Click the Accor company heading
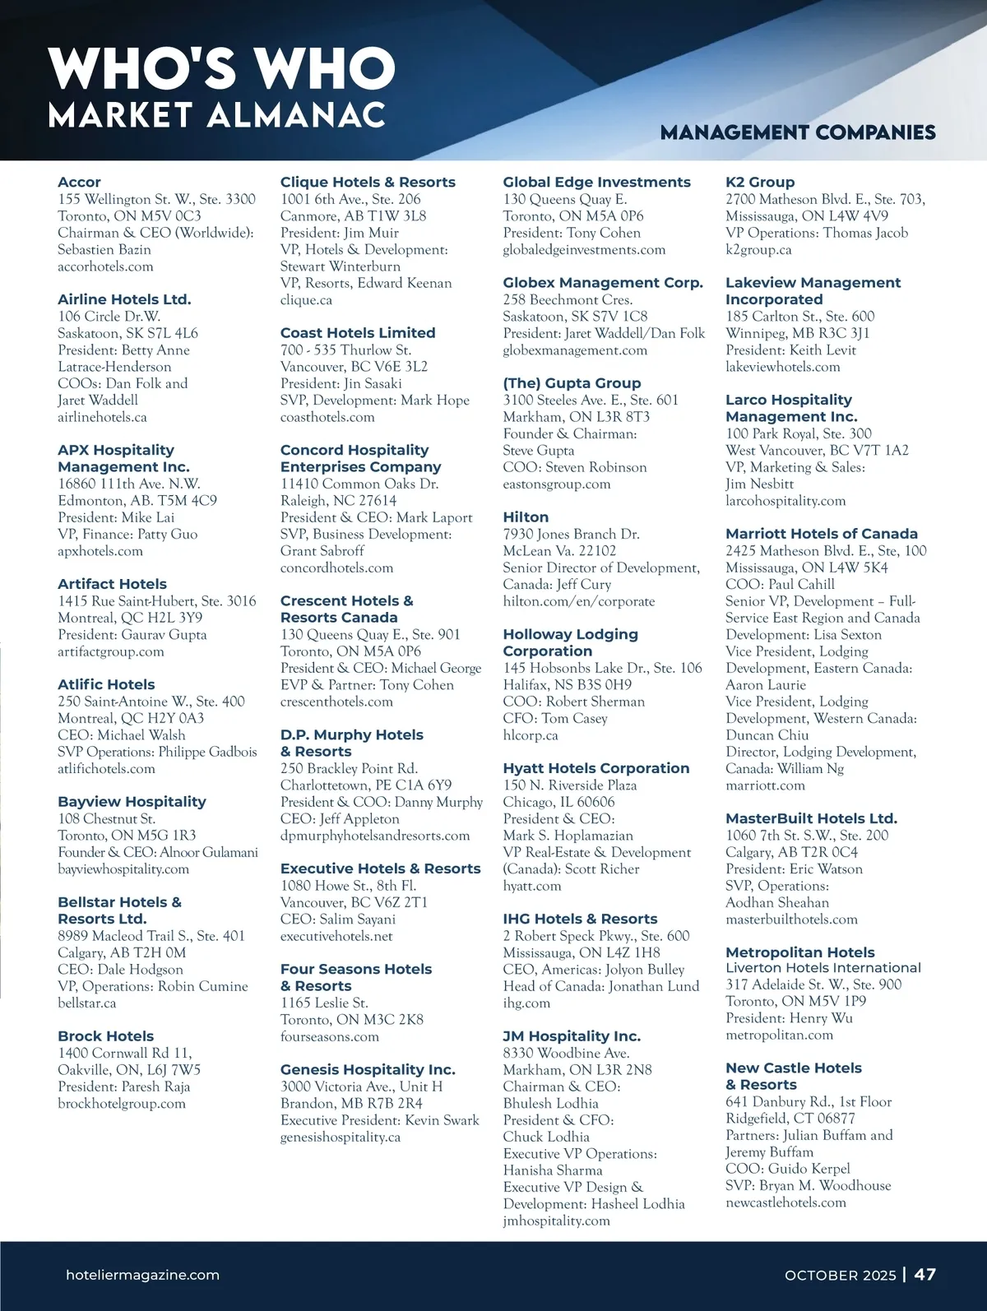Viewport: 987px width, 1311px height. (x=79, y=182)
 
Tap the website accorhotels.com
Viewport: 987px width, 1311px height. (x=105, y=266)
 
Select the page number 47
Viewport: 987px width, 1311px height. (x=925, y=1274)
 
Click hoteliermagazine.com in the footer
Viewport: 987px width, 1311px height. (x=142, y=1275)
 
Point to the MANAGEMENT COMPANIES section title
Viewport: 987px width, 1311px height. (x=798, y=132)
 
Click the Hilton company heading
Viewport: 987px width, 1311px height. (x=526, y=517)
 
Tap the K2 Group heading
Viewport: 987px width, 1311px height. (x=760, y=182)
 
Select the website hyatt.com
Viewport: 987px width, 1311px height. (x=532, y=886)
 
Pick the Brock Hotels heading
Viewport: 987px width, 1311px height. (x=105, y=1036)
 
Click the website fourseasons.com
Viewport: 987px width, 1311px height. (x=330, y=1036)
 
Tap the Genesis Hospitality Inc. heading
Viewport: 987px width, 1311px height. (x=368, y=1069)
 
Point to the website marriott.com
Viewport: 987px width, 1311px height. (x=765, y=785)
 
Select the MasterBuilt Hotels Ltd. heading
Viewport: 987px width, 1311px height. (x=811, y=818)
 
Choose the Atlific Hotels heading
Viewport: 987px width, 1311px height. (x=106, y=684)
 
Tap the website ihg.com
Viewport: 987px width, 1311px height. (x=526, y=1003)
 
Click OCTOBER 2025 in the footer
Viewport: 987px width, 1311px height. (x=840, y=1275)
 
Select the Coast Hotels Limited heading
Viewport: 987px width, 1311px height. (x=358, y=332)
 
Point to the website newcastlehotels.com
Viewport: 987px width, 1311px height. (x=785, y=1202)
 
